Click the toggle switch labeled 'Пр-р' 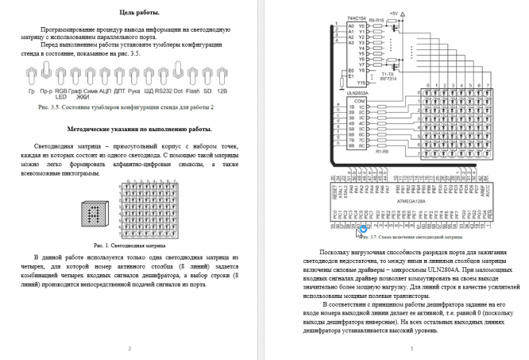click(x=46, y=75)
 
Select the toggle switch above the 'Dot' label click(x=178, y=75)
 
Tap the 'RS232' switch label click(x=163, y=91)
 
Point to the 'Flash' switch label click(x=192, y=91)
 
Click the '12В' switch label click(x=222, y=91)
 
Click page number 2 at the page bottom click(x=129, y=348)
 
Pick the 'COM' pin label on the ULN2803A click(x=359, y=102)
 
